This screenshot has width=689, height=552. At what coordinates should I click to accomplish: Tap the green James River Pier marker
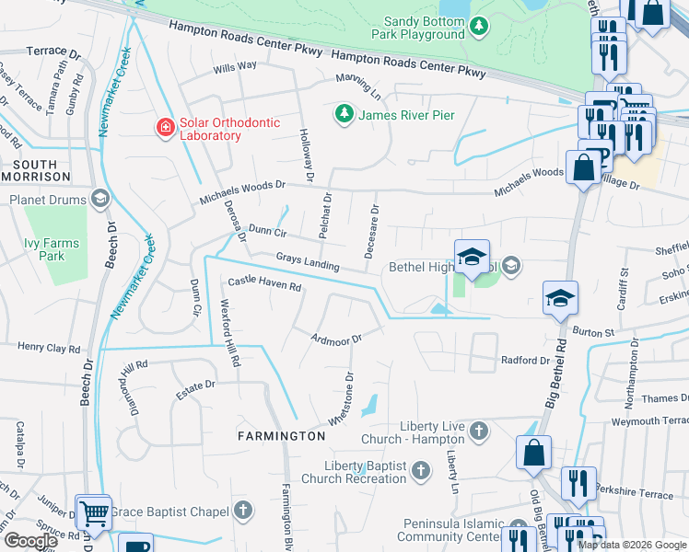[x=344, y=114]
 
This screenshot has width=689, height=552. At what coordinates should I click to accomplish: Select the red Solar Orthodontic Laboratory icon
[x=165, y=127]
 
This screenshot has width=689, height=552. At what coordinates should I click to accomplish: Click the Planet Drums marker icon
[x=99, y=198]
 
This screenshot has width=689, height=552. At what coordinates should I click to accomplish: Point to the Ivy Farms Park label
[x=51, y=249]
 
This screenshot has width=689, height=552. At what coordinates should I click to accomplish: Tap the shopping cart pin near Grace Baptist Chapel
[x=93, y=512]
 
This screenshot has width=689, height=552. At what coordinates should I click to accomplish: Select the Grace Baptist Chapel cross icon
[x=242, y=509]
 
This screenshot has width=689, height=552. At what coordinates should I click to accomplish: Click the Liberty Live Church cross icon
[x=478, y=430]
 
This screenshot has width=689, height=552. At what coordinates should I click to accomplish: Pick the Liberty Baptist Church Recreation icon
[x=420, y=471]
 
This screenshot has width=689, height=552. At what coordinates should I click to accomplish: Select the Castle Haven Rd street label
[x=265, y=285]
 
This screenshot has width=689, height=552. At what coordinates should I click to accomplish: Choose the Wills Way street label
[x=235, y=66]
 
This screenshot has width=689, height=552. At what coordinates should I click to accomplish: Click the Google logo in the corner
[x=30, y=541]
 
